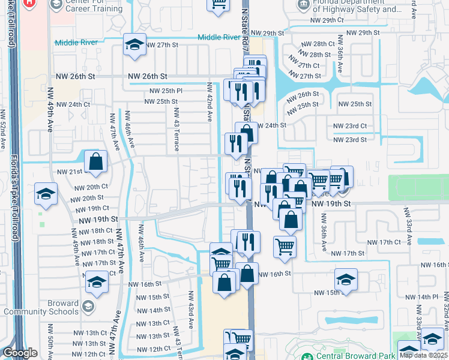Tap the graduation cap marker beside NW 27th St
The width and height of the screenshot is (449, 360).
coord(135,46)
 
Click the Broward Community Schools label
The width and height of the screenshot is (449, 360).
coord(40,307)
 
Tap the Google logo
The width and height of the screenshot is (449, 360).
coord(19,353)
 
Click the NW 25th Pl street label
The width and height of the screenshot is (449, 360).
coord(165,91)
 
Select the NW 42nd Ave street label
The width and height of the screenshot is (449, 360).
coord(210,103)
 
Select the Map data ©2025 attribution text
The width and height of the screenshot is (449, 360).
coord(424,355)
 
